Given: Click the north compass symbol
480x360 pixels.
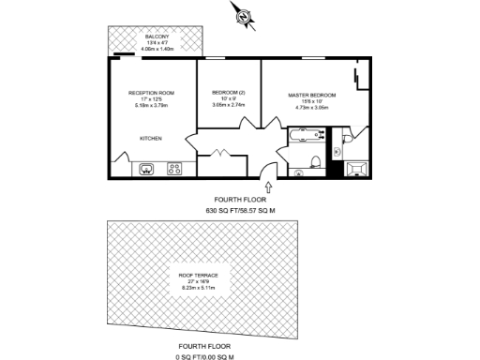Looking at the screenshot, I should coord(242,16).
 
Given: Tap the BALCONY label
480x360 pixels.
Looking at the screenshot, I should coord(157,37).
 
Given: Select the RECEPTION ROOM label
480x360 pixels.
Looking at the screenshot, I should coord(153,93).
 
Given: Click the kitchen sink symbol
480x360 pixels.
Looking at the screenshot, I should coord(147,170).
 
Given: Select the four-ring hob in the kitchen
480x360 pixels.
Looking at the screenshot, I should coord(174,170).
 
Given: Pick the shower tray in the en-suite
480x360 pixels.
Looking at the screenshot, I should coord(357,169).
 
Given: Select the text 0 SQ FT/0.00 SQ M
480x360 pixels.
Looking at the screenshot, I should coord(204,355).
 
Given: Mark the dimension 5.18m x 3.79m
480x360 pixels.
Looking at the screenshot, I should coord(153,107).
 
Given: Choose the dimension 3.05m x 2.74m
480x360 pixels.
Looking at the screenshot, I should coord(229,107).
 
